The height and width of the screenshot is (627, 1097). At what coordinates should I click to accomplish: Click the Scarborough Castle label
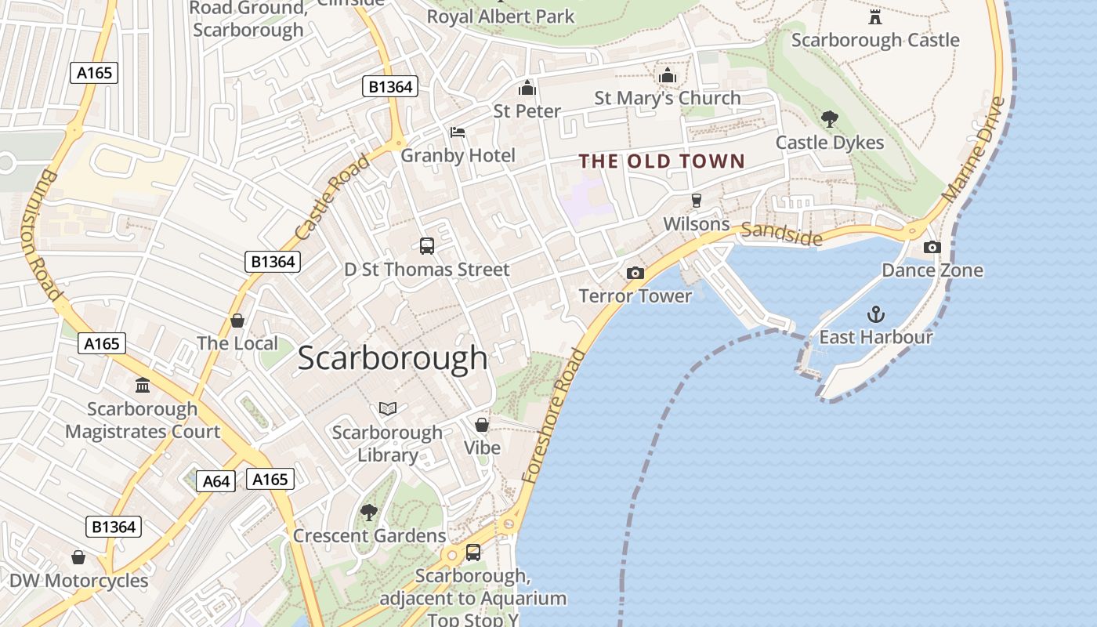pos(874,40)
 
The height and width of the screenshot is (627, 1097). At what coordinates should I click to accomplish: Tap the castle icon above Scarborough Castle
pos(875,16)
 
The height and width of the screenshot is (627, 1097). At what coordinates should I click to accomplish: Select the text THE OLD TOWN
pos(662,161)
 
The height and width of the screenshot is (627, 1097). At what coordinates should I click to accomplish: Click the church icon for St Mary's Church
pos(668,75)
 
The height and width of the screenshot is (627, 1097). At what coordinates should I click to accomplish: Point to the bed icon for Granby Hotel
pos(458,132)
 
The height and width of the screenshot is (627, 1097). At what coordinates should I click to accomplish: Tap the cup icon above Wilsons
pos(696,201)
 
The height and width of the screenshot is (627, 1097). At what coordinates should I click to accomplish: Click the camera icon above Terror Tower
pos(635,273)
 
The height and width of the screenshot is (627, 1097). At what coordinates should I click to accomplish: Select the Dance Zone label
pos(932,270)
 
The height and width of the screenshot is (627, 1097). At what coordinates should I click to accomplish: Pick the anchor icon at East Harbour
pos(875,314)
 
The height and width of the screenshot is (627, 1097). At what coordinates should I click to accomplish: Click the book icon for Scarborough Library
pos(388,408)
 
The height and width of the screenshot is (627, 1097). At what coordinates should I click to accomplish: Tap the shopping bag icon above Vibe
pos(482,425)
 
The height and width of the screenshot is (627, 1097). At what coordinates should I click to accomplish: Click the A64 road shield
pos(215,481)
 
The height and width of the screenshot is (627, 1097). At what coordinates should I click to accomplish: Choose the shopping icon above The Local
pos(237,321)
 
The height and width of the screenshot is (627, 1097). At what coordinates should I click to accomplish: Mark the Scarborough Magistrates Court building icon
pos(143,385)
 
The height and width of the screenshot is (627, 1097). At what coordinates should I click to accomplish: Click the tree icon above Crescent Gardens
pos(368,513)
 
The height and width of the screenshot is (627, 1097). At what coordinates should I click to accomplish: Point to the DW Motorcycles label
pos(78,581)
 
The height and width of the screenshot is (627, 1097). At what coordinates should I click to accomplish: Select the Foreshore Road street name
pos(554,415)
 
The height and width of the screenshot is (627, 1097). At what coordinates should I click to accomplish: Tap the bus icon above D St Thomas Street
pos(427,246)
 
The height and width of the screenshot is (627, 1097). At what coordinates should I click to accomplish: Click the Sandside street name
pos(781,234)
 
